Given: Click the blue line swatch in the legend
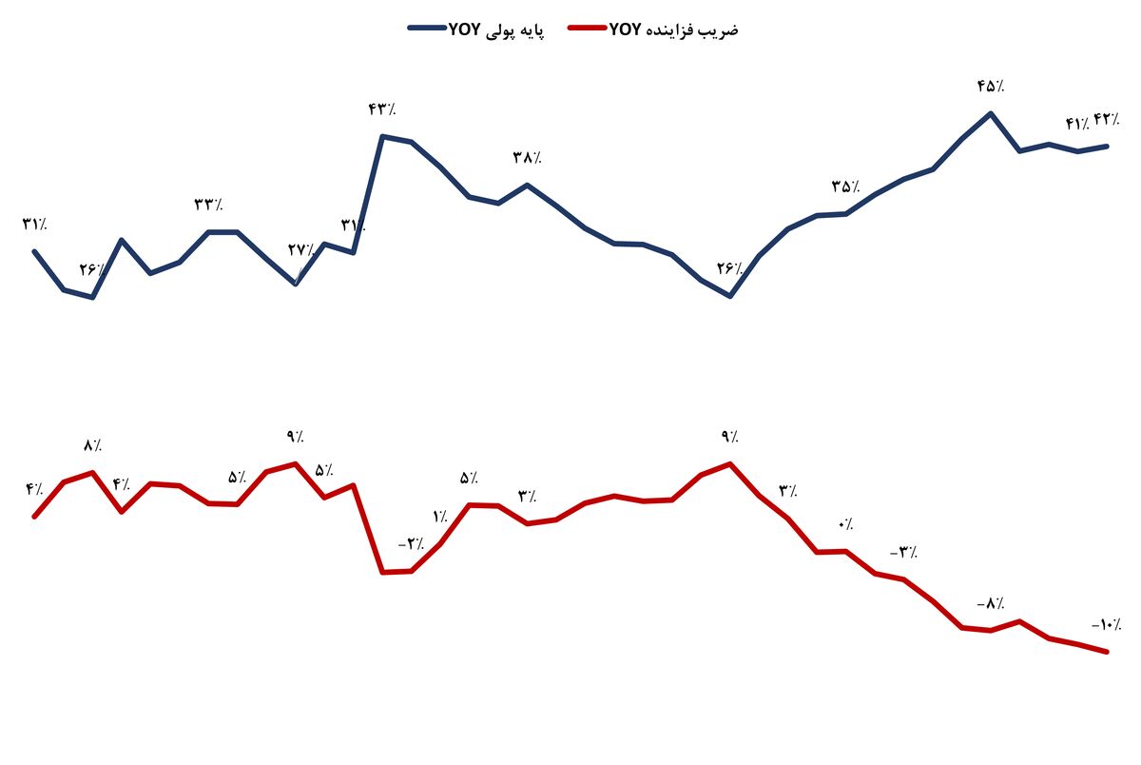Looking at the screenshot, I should [x=427, y=29].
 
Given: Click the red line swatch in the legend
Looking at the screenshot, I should [x=587, y=29].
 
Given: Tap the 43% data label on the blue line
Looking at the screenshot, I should [x=381, y=109].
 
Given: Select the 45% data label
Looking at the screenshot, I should [x=990, y=87].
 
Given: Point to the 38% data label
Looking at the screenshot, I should [x=527, y=157].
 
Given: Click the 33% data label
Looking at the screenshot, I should [x=208, y=205].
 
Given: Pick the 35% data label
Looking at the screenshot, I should [x=845, y=186].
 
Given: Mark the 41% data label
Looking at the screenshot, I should [x=1077, y=124].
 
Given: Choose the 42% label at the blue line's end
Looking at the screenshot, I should [x=1107, y=119].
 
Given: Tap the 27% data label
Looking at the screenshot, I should [x=301, y=250].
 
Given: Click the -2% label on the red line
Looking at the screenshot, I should [x=411, y=544].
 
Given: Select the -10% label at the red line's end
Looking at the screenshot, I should [x=1106, y=625].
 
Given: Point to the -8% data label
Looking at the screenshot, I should [x=990, y=603].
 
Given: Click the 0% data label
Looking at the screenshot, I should [x=845, y=524].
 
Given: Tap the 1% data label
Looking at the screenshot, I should [x=440, y=517].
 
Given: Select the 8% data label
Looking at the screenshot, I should [x=92, y=445].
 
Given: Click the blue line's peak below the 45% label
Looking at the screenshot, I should [x=991, y=113].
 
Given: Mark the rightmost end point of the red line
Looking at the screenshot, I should [x=1107, y=652].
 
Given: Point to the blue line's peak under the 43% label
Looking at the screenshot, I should [x=382, y=136].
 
